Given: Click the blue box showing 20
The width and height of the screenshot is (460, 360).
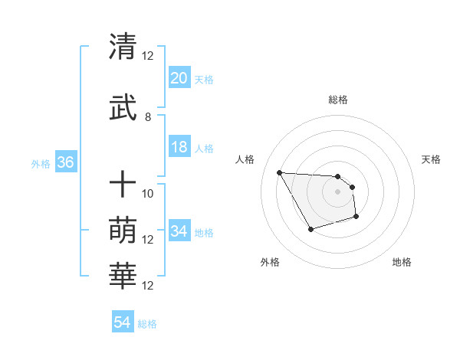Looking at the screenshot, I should point(179,78).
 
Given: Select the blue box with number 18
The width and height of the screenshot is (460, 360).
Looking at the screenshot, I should point(179,147).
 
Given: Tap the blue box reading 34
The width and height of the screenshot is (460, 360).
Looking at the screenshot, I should point(179,231).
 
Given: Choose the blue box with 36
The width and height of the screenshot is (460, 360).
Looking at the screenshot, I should point(65,163).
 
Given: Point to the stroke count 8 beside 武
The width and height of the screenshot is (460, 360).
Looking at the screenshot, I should point(148,117).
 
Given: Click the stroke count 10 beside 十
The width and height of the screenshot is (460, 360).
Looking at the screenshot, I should point(148,193).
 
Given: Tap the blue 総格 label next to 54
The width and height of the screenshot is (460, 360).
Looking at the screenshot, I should point(147,324).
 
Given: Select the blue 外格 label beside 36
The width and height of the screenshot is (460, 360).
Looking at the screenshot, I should point(41,164).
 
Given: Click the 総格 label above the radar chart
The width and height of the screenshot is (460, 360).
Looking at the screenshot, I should point(338,100).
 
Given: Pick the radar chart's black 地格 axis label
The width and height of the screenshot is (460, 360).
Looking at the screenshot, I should point(402,262).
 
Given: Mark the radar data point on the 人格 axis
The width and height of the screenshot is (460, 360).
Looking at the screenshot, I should point(279,172).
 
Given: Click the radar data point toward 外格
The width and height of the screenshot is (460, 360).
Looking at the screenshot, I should point(310,229).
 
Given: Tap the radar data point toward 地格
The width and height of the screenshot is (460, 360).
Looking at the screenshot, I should point(356,218).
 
